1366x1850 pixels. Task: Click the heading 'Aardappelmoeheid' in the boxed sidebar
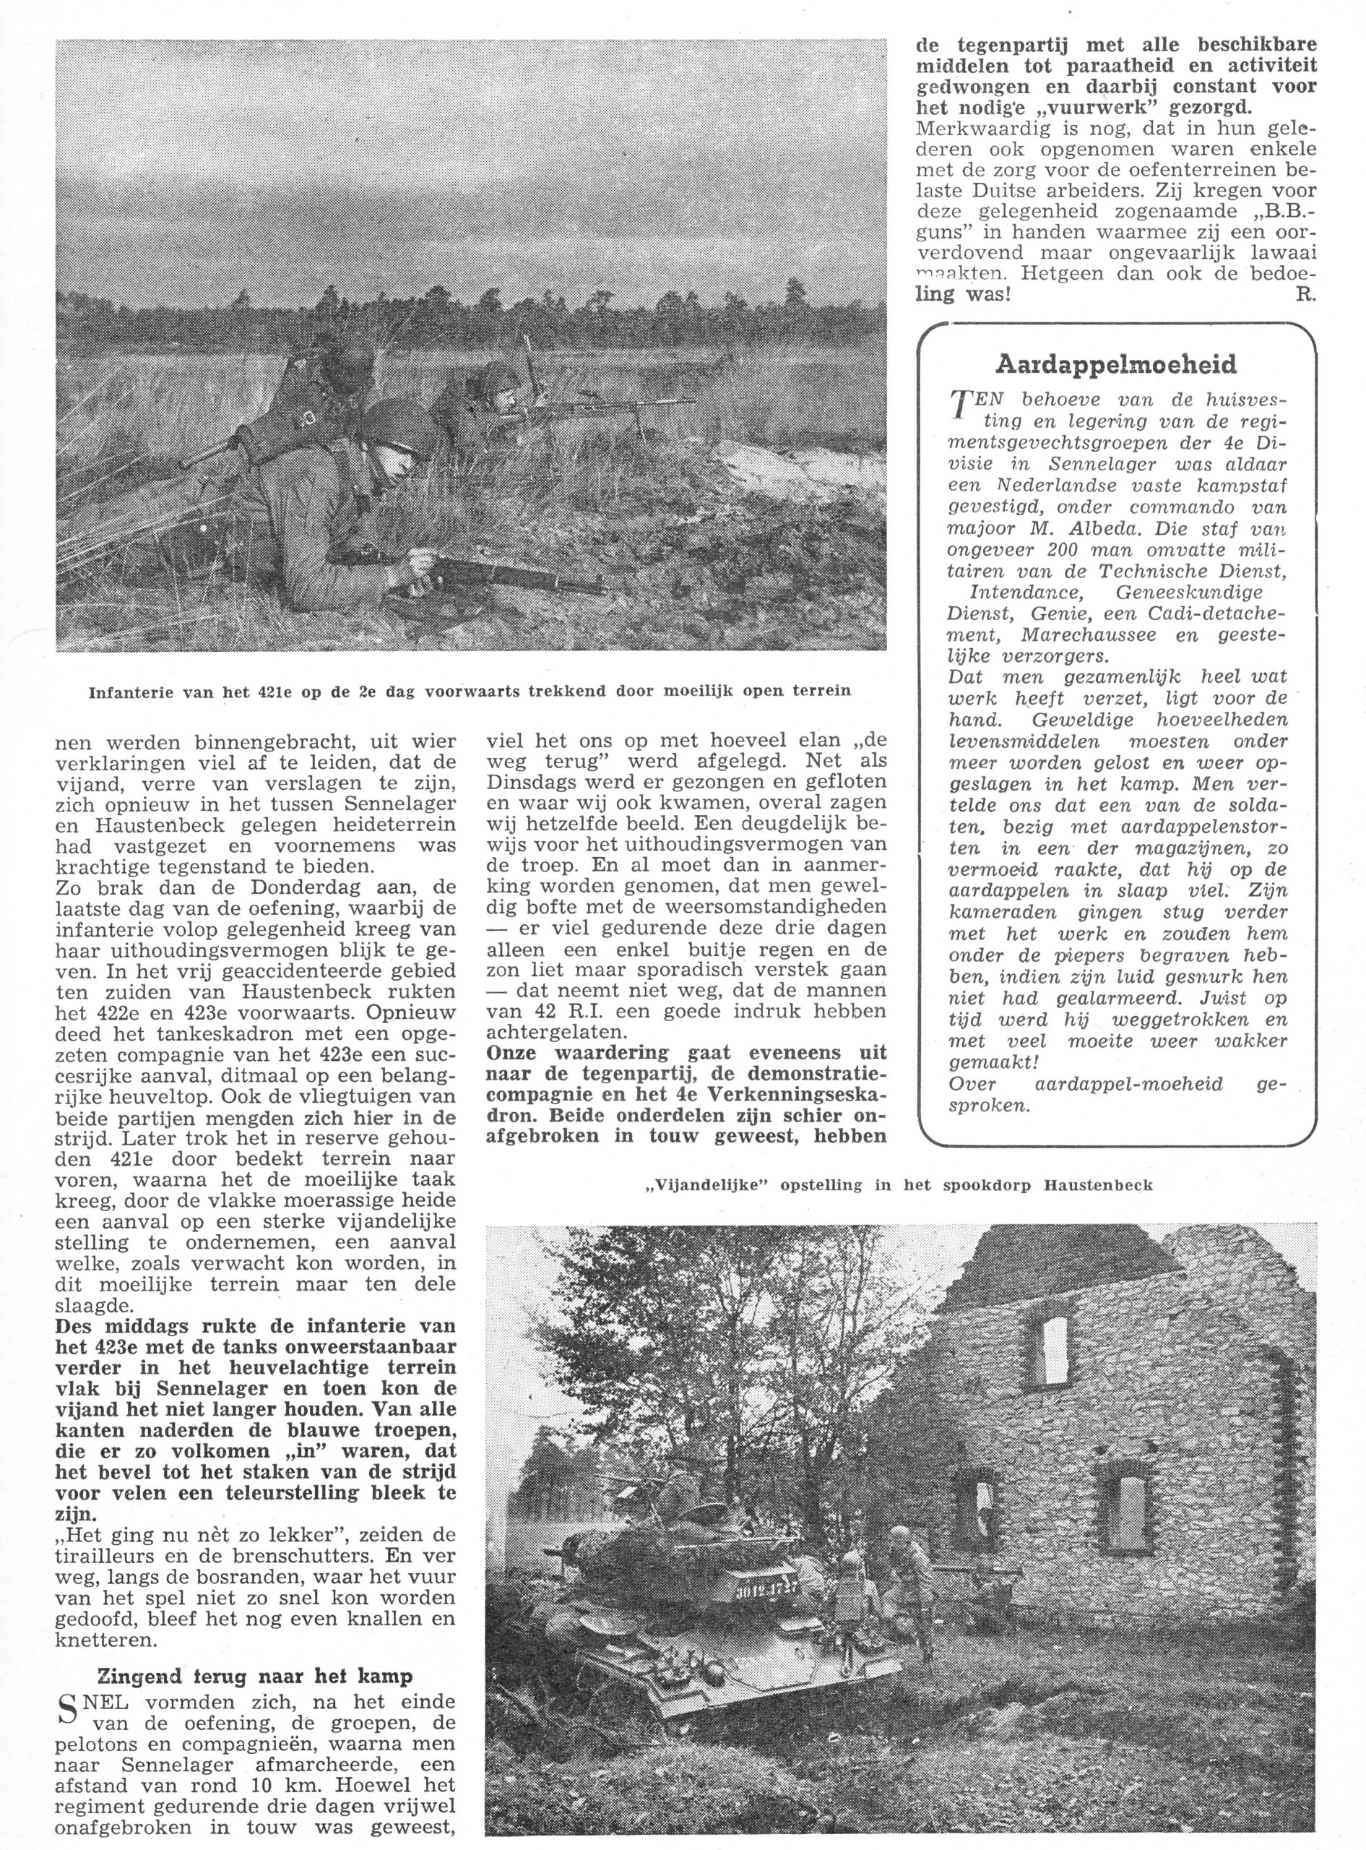coord(1116,365)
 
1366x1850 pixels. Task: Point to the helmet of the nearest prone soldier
coord(400,429)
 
